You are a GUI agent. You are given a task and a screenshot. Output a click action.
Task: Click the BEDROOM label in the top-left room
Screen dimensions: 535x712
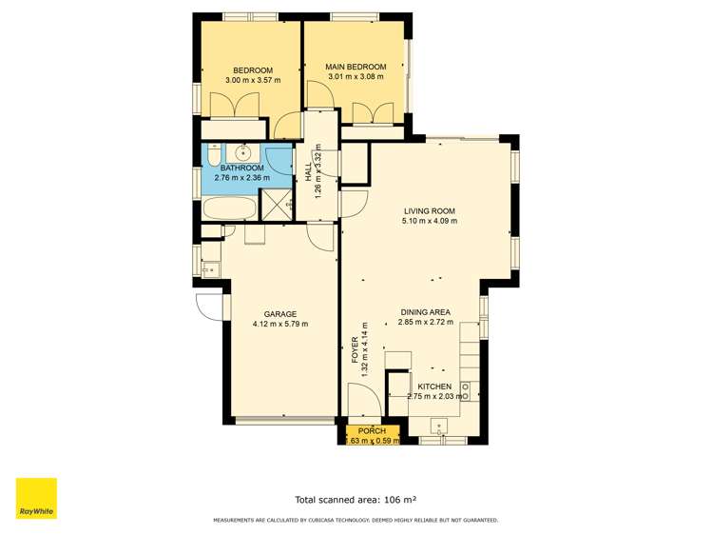(x=253, y=70)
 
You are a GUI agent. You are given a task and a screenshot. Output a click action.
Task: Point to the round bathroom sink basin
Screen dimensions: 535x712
(x=244, y=151)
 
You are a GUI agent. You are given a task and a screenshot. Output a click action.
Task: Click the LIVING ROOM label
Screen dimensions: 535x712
(x=430, y=211)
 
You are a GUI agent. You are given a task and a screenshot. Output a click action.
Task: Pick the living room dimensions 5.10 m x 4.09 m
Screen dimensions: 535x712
(x=430, y=221)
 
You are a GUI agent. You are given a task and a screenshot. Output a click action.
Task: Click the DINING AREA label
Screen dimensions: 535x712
(x=424, y=312)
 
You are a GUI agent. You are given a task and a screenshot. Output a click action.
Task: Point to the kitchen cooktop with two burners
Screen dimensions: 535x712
(x=466, y=389)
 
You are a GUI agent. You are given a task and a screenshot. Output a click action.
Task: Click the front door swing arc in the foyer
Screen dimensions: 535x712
(x=364, y=398)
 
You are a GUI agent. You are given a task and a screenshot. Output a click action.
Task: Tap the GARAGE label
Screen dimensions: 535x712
(x=279, y=314)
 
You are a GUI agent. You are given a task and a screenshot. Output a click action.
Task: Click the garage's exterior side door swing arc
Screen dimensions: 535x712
(x=208, y=307)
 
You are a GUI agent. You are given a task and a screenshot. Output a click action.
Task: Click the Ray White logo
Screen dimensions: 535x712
(x=36, y=498)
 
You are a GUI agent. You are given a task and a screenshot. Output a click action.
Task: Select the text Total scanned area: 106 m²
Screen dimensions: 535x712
(x=356, y=499)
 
